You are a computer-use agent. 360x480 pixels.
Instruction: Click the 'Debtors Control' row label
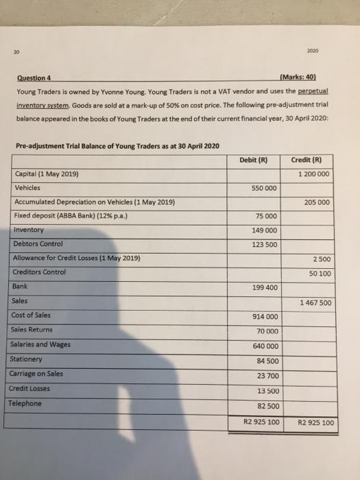tap(38, 244)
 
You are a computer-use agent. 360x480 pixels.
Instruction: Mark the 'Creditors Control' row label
tap(40, 272)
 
